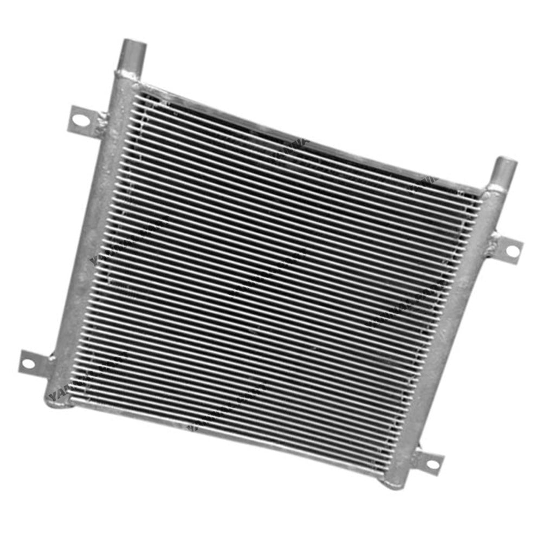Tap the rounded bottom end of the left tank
click(54, 400)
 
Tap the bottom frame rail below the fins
click(228, 434)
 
